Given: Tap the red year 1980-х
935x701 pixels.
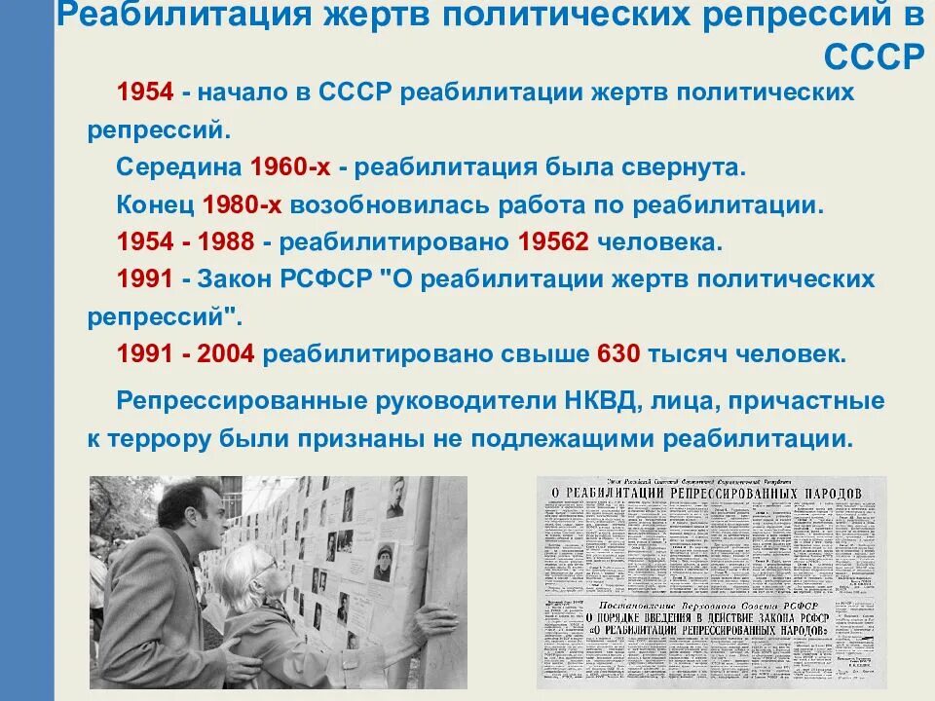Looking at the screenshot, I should pyautogui.click(x=243, y=204).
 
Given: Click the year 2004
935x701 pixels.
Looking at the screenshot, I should pyautogui.click(x=225, y=353).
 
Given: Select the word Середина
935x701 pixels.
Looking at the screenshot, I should pyautogui.click(x=178, y=166).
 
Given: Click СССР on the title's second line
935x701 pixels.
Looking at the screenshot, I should pyautogui.click(x=872, y=56).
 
